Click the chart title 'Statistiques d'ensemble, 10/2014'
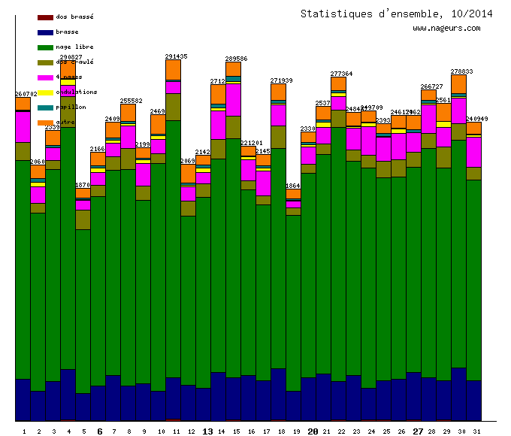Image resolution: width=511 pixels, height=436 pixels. [x=396, y=14]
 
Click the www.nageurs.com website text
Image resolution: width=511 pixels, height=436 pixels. [x=446, y=29]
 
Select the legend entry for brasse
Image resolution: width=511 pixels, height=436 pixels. [x=68, y=32]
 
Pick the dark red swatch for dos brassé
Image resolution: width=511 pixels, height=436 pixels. [x=44, y=17]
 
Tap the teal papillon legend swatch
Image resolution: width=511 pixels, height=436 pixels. [x=44, y=107]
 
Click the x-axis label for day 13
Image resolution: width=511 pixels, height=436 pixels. [x=208, y=431]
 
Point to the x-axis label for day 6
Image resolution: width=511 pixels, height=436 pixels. [x=100, y=431]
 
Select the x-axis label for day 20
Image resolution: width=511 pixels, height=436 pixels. [x=313, y=431]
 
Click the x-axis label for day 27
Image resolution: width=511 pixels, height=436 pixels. [x=419, y=431]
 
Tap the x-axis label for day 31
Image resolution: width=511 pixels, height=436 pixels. [x=474, y=431]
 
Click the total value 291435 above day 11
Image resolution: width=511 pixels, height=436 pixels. [x=176, y=56]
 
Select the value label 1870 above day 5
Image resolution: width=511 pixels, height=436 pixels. [x=83, y=185]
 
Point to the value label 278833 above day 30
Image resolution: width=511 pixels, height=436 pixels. [x=461, y=71]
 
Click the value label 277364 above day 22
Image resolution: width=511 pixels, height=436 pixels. [x=341, y=74]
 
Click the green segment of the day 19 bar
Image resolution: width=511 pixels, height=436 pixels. [x=293, y=301]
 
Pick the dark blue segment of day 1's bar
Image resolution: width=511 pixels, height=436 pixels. [x=23, y=398]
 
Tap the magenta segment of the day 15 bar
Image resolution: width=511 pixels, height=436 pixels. [x=233, y=99]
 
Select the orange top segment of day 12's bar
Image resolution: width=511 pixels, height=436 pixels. [x=188, y=174]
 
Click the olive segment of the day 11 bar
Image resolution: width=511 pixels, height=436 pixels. [x=173, y=107]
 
